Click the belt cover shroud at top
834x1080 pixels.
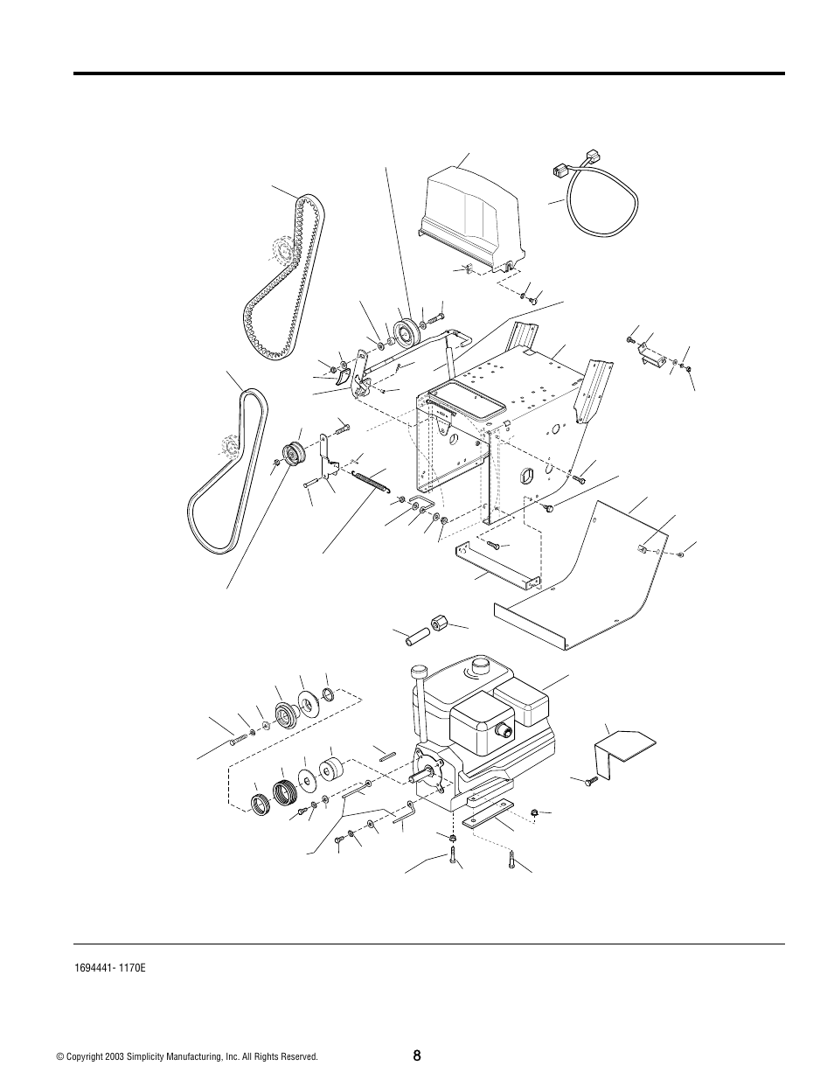472,219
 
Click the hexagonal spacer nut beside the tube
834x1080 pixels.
439,624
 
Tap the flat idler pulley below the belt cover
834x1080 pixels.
407,331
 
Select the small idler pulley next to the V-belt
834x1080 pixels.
294,453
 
